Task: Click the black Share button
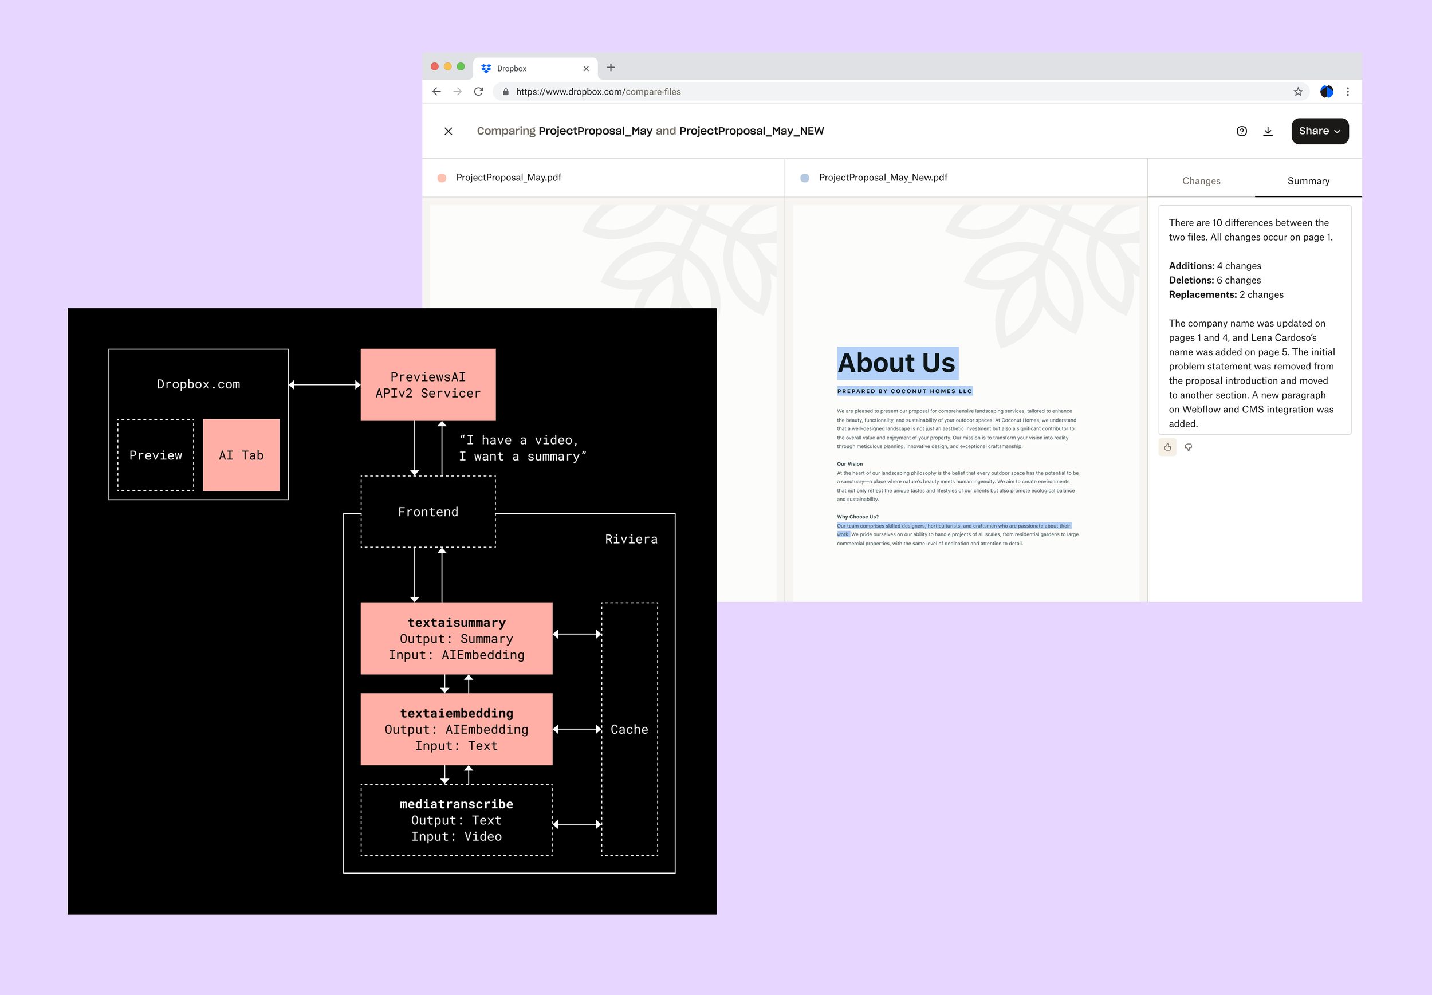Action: pyautogui.click(x=1319, y=131)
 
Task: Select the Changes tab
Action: pyautogui.click(x=1201, y=181)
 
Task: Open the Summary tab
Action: pyautogui.click(x=1308, y=181)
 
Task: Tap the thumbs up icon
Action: pyautogui.click(x=1167, y=447)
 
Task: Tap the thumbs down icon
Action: pyautogui.click(x=1188, y=447)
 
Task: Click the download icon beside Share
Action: pyautogui.click(x=1268, y=131)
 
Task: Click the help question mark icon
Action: pyautogui.click(x=1241, y=131)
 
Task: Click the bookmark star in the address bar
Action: pyautogui.click(x=1298, y=92)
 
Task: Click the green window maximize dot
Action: pyautogui.click(x=461, y=66)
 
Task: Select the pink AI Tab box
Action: pyautogui.click(x=241, y=455)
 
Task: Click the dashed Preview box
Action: pyautogui.click(x=156, y=455)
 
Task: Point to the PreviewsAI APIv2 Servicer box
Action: pyautogui.click(x=428, y=385)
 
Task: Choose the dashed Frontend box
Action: pyautogui.click(x=428, y=512)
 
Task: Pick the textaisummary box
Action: pyautogui.click(x=457, y=638)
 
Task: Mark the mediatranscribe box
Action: pyautogui.click(x=457, y=820)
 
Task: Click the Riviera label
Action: pyautogui.click(x=631, y=539)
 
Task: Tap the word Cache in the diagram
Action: pyautogui.click(x=629, y=729)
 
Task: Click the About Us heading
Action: pyautogui.click(x=896, y=363)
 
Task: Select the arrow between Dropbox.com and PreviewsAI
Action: pyautogui.click(x=324, y=385)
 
